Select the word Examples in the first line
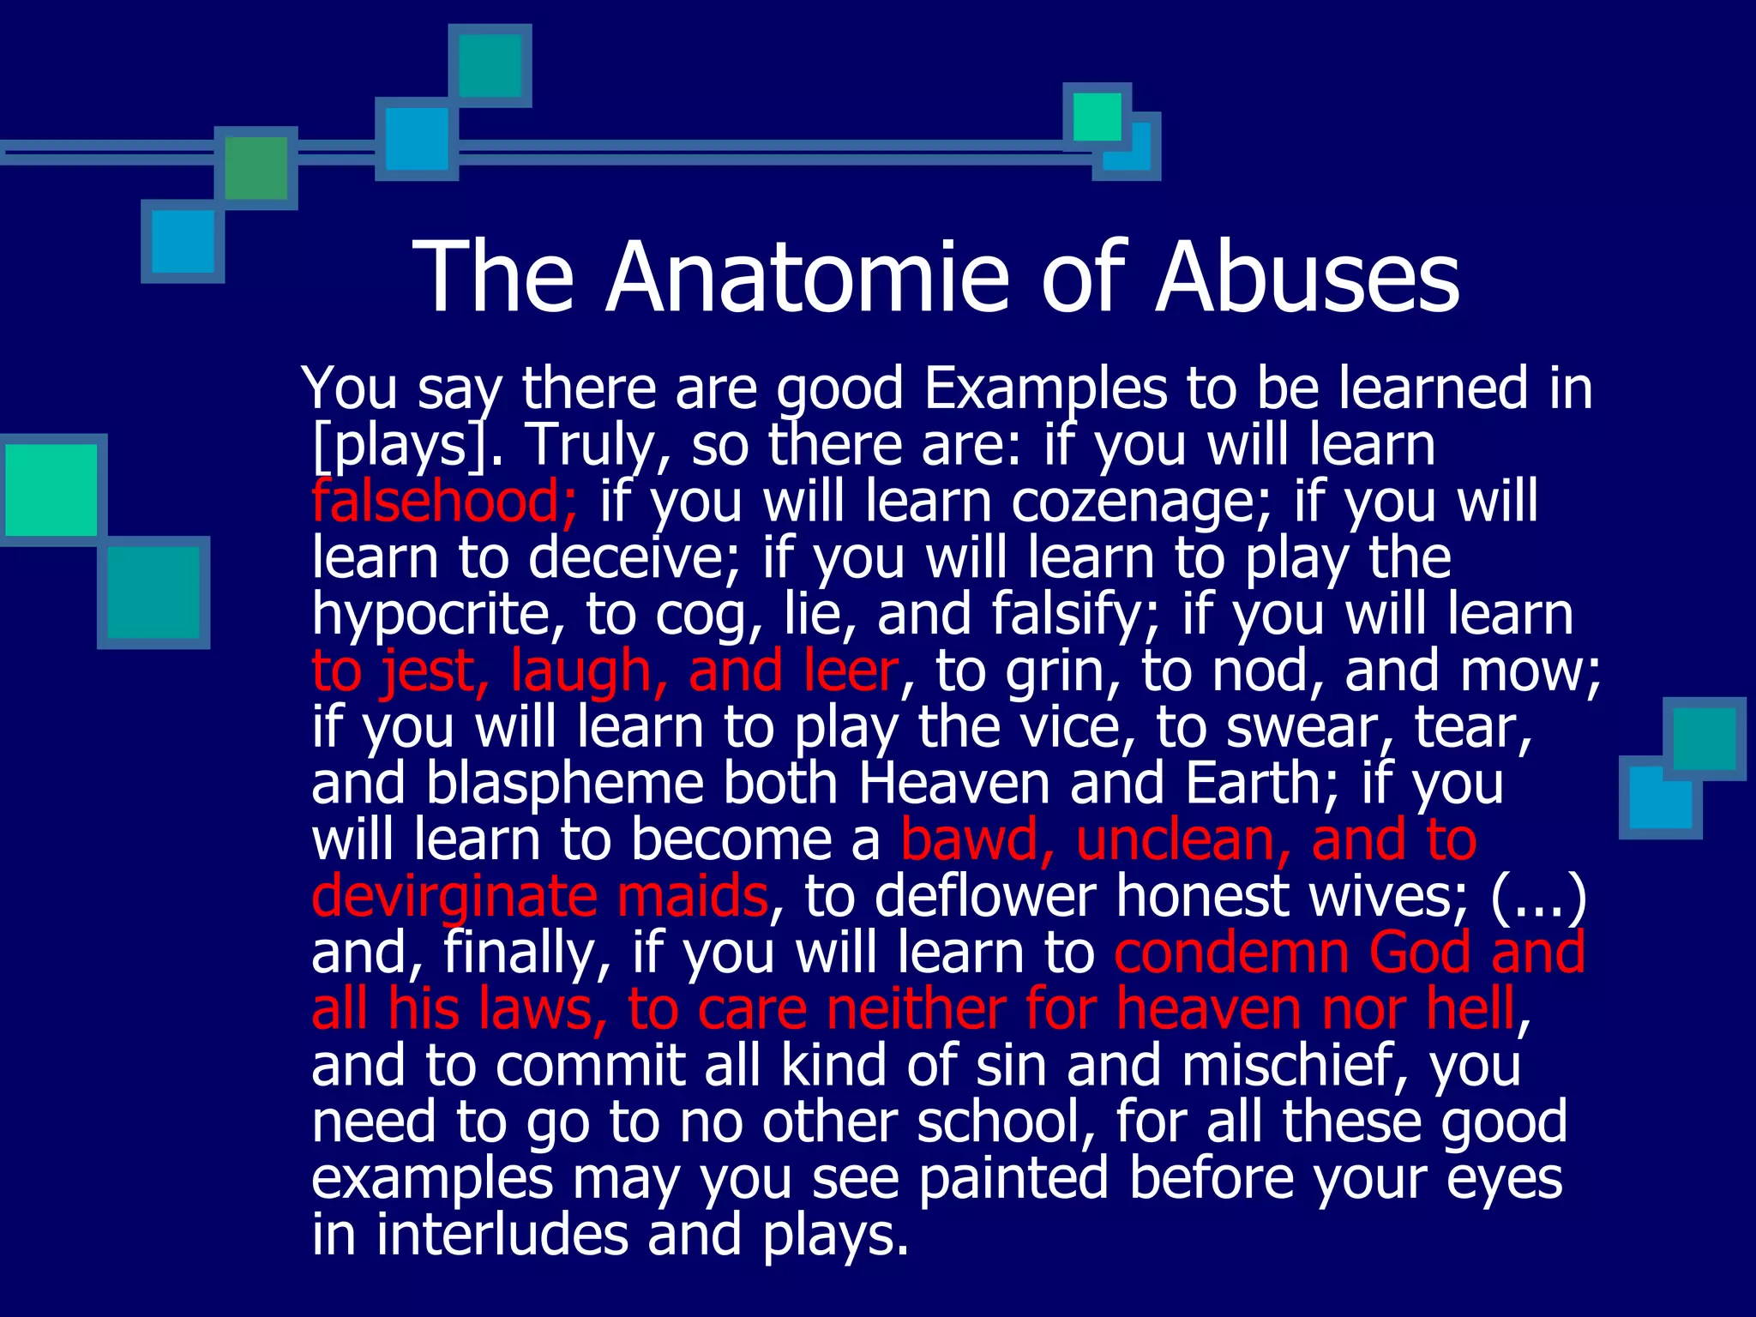tap(1045, 388)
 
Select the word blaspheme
tap(565, 784)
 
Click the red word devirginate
tap(454, 896)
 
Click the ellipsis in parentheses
tap(1539, 896)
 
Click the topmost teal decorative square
tap(490, 65)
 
